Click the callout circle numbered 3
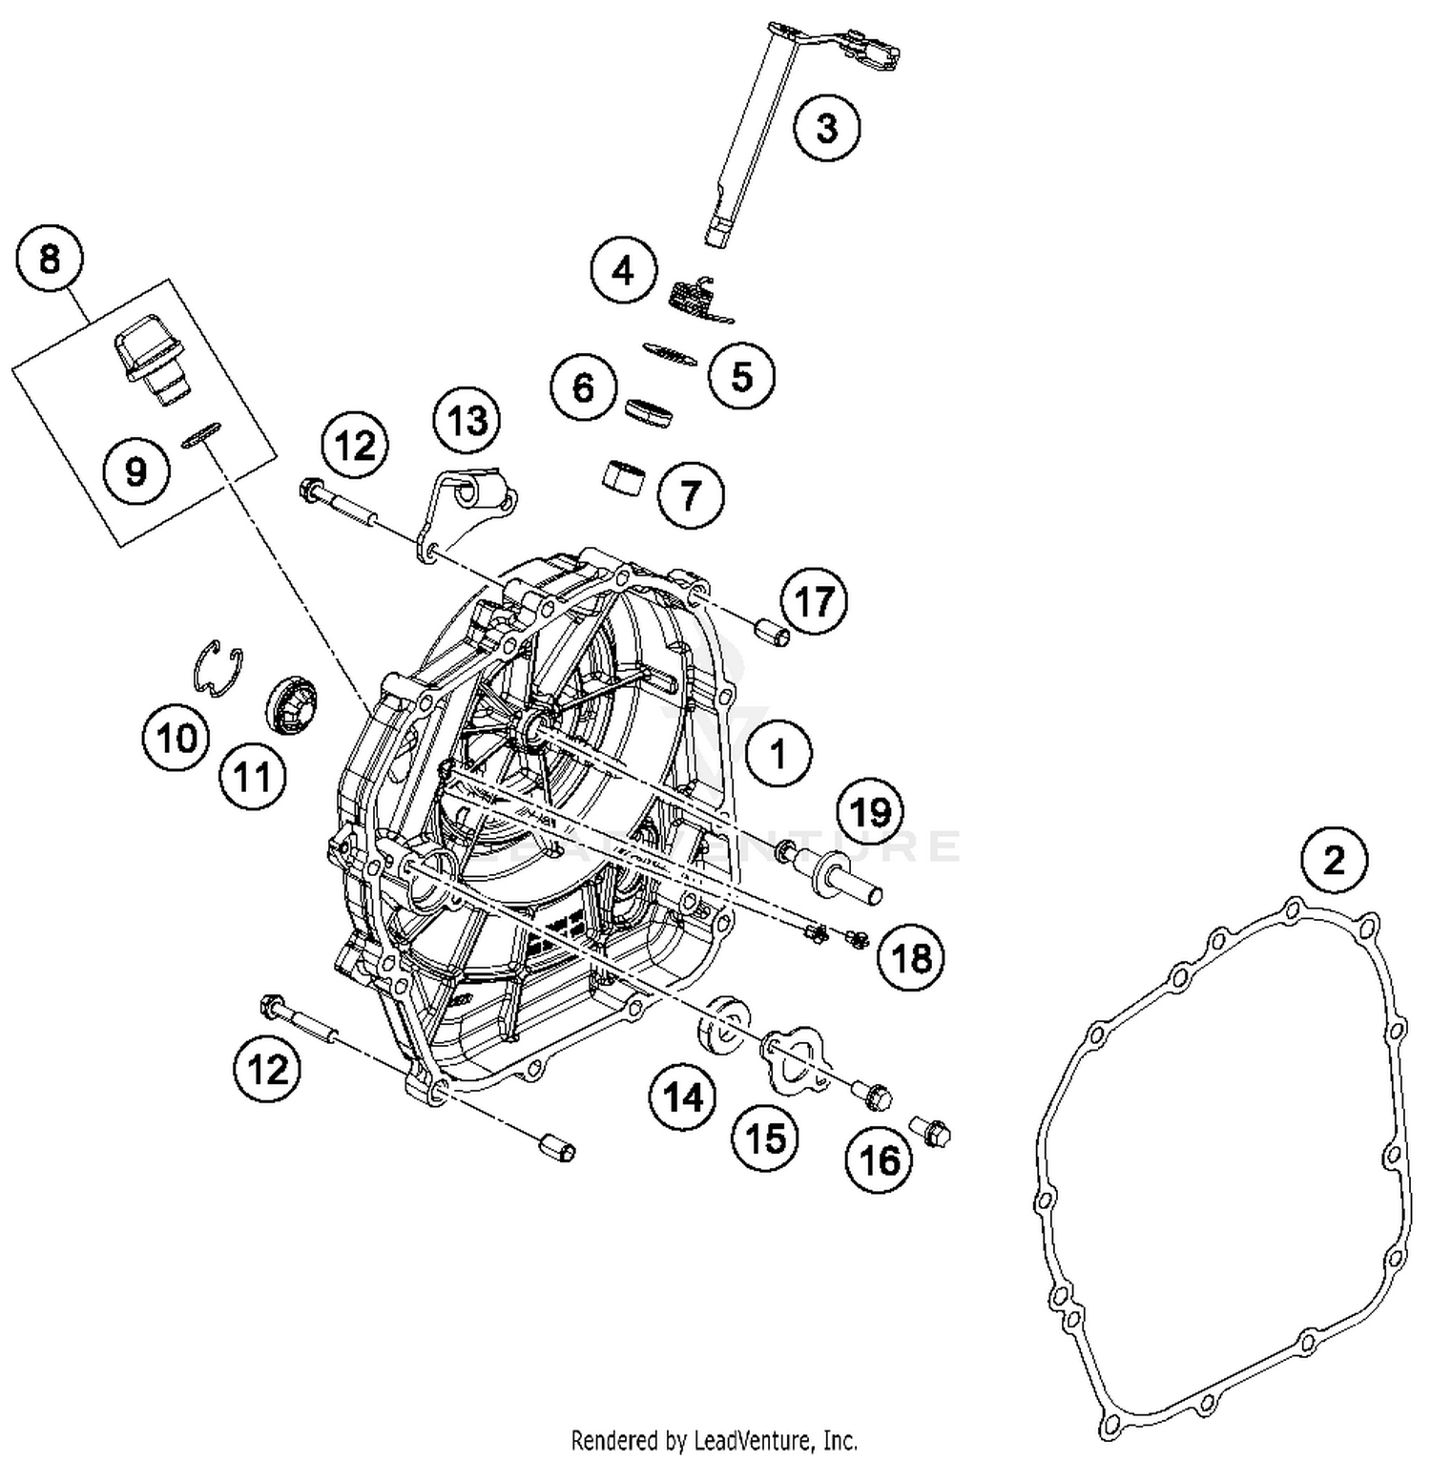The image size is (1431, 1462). click(x=826, y=127)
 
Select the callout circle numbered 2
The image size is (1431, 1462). click(x=1334, y=860)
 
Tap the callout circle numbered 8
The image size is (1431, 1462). click(x=50, y=258)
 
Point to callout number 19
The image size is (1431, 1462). click(x=870, y=812)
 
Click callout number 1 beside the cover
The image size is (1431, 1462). click(x=779, y=754)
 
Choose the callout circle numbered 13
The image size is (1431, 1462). click(x=467, y=420)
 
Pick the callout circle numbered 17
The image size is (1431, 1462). click(x=814, y=601)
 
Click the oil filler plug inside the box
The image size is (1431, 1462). click(x=149, y=358)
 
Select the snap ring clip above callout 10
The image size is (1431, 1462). click(x=218, y=665)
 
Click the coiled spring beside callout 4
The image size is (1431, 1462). click(x=696, y=297)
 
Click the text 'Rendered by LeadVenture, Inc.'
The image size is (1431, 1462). click(x=714, y=1439)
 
